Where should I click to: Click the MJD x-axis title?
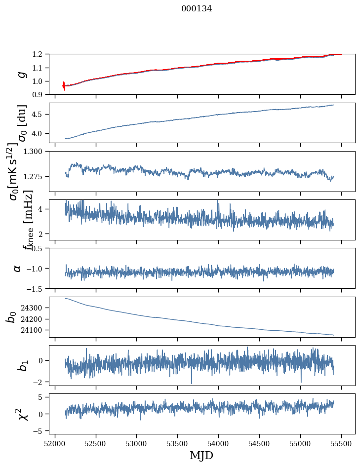pyautogui.click(x=201, y=455)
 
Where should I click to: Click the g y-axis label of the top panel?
pyautogui.click(x=21, y=75)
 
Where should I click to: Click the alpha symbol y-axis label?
pyautogui.click(x=17, y=268)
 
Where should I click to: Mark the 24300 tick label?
pyautogui.click(x=34, y=308)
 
